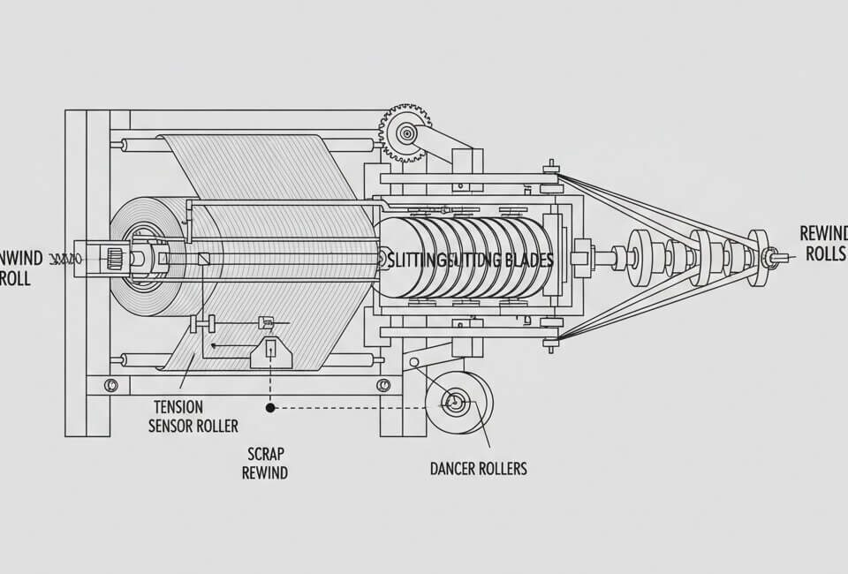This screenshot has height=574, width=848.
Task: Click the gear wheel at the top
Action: pyautogui.click(x=406, y=133)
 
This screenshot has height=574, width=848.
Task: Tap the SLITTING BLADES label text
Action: pyautogui.click(x=470, y=260)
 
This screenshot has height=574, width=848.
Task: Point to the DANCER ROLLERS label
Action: pyautogui.click(x=478, y=468)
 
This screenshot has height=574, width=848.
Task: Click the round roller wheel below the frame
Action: pyautogui.click(x=458, y=403)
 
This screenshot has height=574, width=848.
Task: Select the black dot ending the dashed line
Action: pyautogui.click(x=270, y=408)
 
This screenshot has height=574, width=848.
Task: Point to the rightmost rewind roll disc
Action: pyautogui.click(x=758, y=258)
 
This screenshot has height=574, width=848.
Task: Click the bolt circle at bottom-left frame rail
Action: pyautogui.click(x=110, y=385)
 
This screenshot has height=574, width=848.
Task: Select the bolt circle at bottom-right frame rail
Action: pyautogui.click(x=383, y=385)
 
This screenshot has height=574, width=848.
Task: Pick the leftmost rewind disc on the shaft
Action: pyautogui.click(x=638, y=258)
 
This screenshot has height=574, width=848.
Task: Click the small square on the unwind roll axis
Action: pyautogui.click(x=205, y=259)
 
